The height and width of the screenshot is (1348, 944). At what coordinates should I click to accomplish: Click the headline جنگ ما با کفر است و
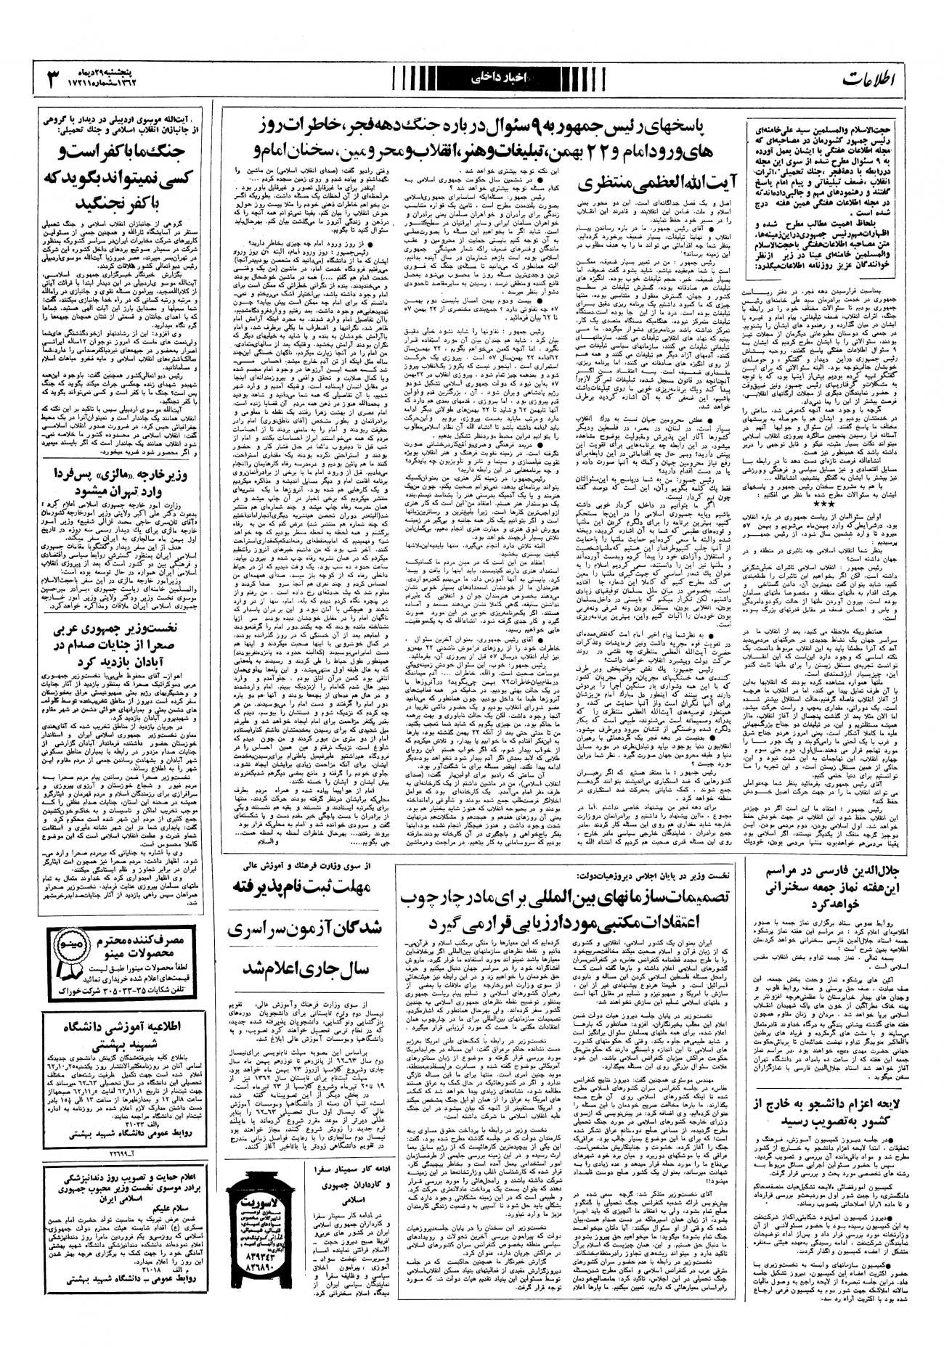tap(113, 154)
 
